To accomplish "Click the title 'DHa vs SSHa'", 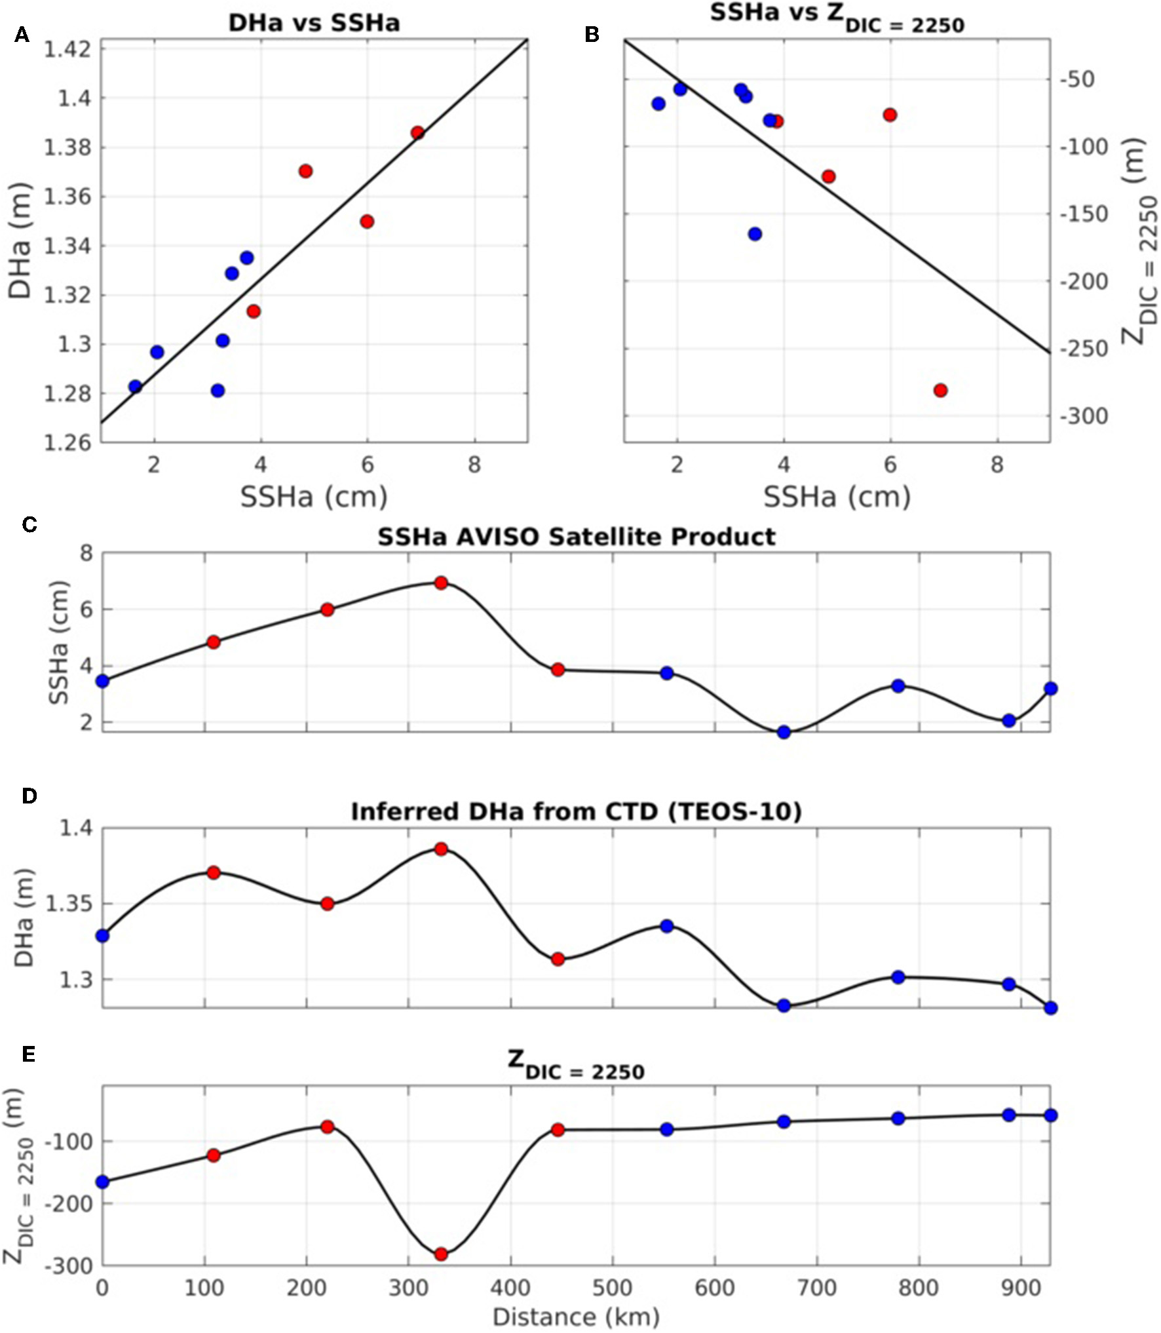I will tap(314, 24).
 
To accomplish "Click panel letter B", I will tap(592, 35).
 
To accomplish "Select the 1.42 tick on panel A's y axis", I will tap(68, 49).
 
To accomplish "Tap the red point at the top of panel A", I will tap(417, 133).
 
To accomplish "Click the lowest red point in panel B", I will tap(940, 391).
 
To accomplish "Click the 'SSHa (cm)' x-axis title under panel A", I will tap(314, 497).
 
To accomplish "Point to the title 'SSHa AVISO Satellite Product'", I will tap(576, 537).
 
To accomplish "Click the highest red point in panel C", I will tap(441, 583).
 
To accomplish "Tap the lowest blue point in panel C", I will tap(784, 732).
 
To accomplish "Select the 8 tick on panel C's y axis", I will tap(86, 554).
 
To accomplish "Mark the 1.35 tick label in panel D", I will tap(68, 904).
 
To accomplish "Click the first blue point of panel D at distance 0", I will tap(102, 936).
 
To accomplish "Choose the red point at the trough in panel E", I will tap(441, 1254).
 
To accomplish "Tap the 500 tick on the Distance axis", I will tap(613, 1288).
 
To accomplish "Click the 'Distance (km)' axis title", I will tap(576, 1317).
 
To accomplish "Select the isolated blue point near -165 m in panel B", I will tap(755, 234).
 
